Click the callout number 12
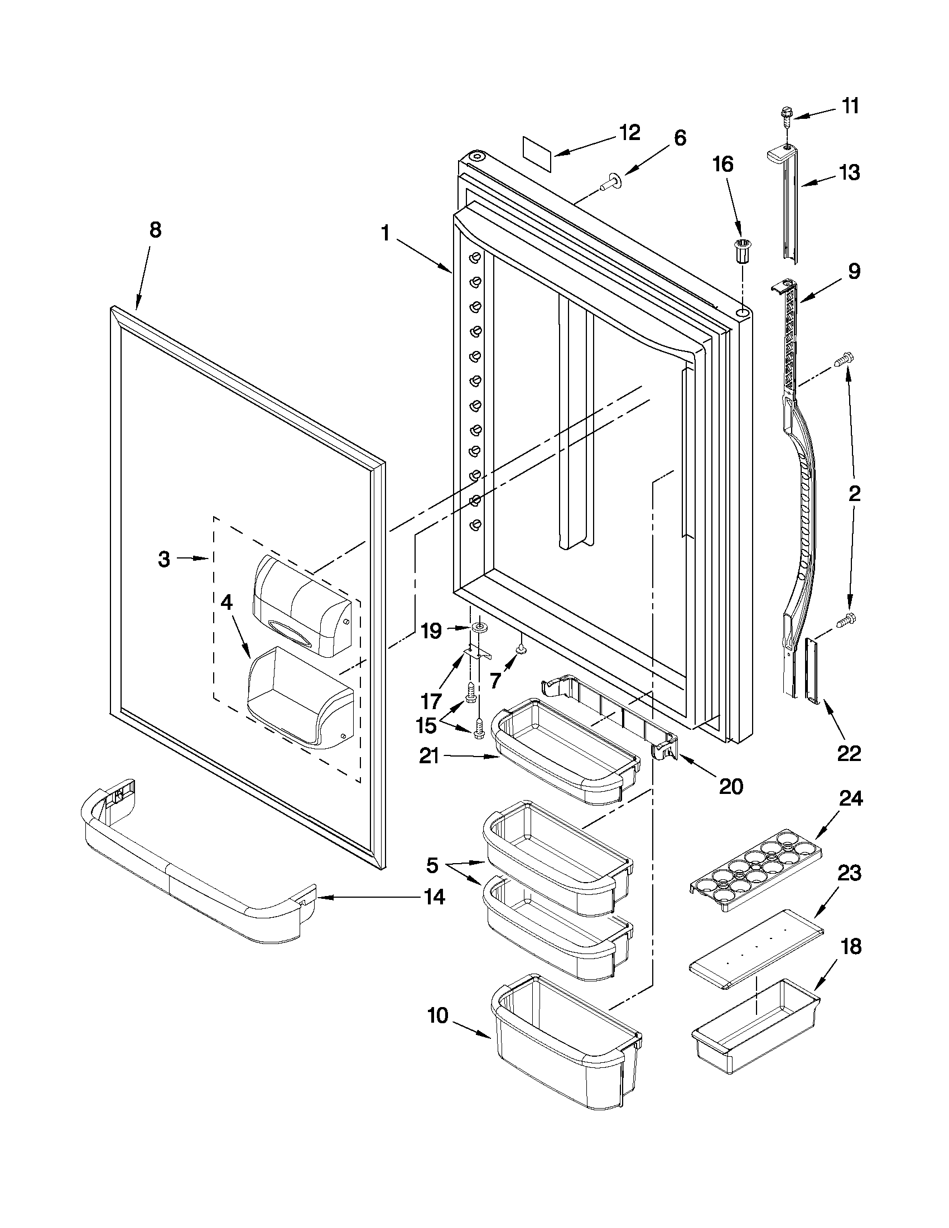click(x=629, y=133)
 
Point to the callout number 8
click(x=155, y=229)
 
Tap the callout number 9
click(x=854, y=272)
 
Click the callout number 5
click(x=431, y=865)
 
